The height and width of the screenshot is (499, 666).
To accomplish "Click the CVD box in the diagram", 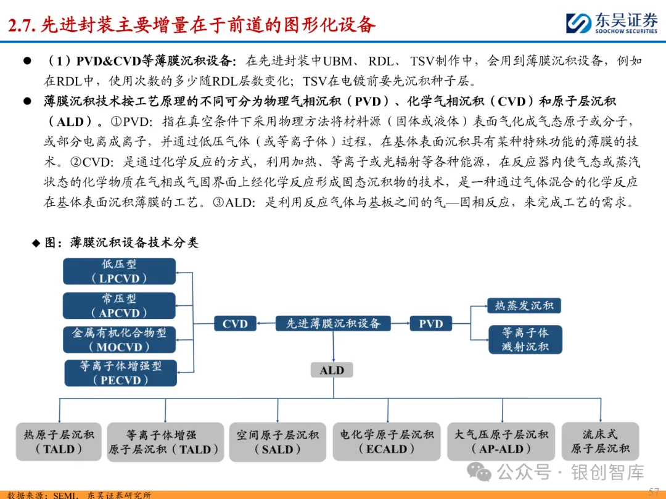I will tap(235, 324).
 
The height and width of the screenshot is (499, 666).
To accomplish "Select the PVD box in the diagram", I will tap(430, 324).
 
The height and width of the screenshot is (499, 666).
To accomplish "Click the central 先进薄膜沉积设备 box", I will tap(333, 323).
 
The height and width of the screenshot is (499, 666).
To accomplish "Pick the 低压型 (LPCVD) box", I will tap(119, 271).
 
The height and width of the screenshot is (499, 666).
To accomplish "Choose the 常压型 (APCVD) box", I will tap(119, 306).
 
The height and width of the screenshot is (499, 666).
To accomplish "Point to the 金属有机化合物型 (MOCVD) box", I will tap(119, 340).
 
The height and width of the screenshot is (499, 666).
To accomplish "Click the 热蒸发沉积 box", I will tap(524, 305).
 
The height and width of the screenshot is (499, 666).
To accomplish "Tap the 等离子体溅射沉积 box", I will tap(525, 339).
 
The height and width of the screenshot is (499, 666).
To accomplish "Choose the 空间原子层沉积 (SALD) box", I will tap(277, 442).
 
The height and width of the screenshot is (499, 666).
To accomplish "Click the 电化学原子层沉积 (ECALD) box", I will tap(387, 442).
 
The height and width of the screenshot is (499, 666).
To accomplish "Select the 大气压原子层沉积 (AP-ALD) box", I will tap(501, 442).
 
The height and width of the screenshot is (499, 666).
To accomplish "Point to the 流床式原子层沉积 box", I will tap(600, 442).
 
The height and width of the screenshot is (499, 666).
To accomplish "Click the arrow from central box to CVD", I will tap(265, 323).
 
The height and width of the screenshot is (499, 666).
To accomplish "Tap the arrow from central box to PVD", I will tap(400, 323).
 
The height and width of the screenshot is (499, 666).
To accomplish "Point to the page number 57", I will tap(654, 490).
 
